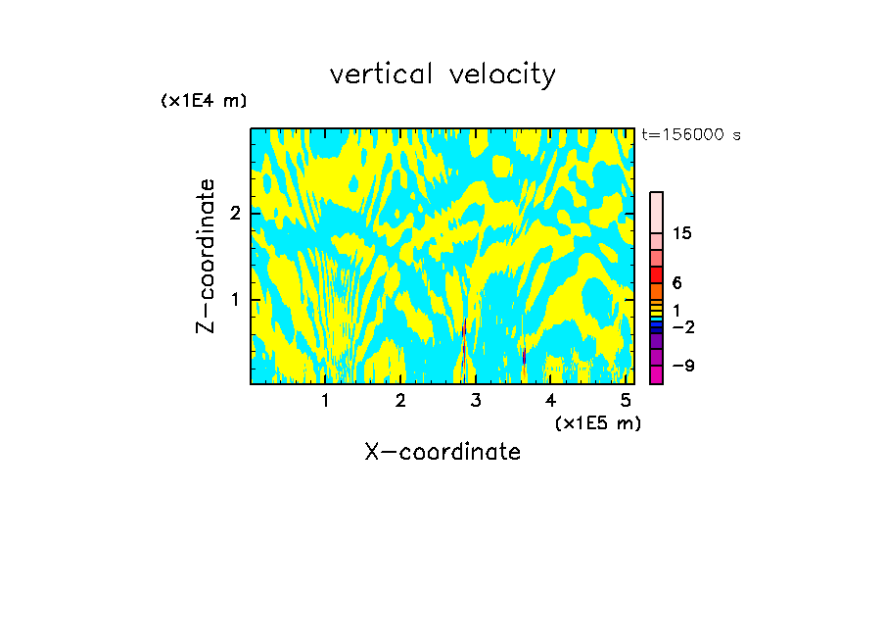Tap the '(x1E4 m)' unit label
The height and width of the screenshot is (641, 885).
pyautogui.click(x=204, y=100)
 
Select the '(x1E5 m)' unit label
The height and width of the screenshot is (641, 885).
pyautogui.click(x=597, y=422)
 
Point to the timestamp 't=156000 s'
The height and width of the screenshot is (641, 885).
pyautogui.click(x=690, y=134)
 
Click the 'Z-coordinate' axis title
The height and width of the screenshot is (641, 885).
pyautogui.click(x=206, y=256)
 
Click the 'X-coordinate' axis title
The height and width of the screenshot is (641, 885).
pyautogui.click(x=442, y=452)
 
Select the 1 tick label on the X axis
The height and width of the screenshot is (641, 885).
pyautogui.click(x=325, y=400)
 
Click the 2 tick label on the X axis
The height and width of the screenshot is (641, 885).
pyautogui.click(x=400, y=400)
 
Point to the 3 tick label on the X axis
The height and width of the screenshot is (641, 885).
pyautogui.click(x=476, y=400)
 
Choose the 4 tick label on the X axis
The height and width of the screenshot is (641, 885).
pyautogui.click(x=550, y=400)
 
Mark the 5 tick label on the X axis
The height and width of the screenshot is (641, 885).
pyautogui.click(x=626, y=400)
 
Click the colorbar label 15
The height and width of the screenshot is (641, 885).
pyautogui.click(x=682, y=233)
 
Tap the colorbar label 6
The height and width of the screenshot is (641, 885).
pyautogui.click(x=676, y=282)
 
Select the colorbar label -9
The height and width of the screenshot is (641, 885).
pyautogui.click(x=682, y=366)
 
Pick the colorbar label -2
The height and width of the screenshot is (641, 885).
pyautogui.click(x=682, y=326)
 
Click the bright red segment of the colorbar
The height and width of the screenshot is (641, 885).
pyautogui.click(x=657, y=274)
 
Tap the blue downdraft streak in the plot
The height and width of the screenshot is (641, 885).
pyautogui.click(x=524, y=356)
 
